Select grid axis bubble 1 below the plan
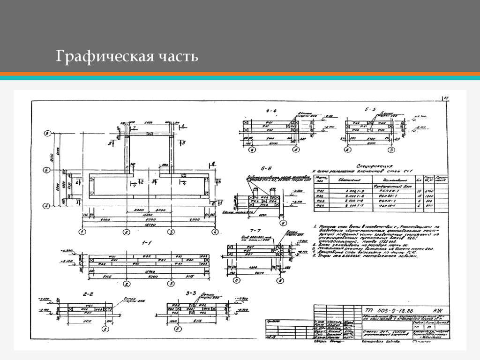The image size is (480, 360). pyautogui.click(x=82, y=232)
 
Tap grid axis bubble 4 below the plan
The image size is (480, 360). pyautogui.click(x=214, y=232)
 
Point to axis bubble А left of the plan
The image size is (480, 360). pyautogui.click(x=47, y=205)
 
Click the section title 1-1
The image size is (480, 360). pyautogui.click(x=147, y=243)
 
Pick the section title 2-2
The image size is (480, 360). pyautogui.click(x=88, y=294)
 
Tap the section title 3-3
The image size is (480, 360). pyautogui.click(x=190, y=293)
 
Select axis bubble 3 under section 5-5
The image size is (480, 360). pyautogui.click(x=390, y=150)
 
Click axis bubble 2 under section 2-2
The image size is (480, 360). pyautogui.click(x=106, y=330)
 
